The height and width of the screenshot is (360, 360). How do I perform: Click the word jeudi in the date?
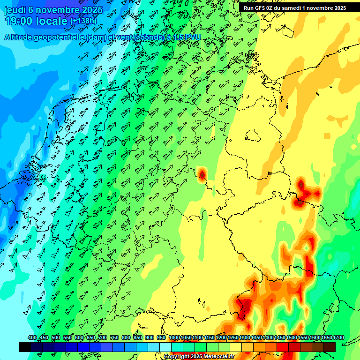(15, 9)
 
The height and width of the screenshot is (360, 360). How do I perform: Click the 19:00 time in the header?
(20, 21)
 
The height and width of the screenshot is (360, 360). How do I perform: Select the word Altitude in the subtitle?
(21, 37)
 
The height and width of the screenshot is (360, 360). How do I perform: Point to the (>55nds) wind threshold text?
(147, 37)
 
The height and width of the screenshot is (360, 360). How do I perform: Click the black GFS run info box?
(295, 7)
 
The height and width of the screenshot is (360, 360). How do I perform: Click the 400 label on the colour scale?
(32, 338)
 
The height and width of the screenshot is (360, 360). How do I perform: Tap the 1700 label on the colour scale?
(326, 338)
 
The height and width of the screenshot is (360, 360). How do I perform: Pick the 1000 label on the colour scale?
(174, 338)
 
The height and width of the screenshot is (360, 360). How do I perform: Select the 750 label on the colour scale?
(114, 338)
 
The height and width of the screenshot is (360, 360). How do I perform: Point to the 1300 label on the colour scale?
(244, 338)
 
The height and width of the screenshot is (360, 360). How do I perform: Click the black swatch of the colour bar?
(25, 347)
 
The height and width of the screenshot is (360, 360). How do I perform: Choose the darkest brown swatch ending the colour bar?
(330, 347)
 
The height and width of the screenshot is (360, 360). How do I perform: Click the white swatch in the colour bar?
(165, 347)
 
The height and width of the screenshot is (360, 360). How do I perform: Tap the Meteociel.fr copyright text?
(199, 357)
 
